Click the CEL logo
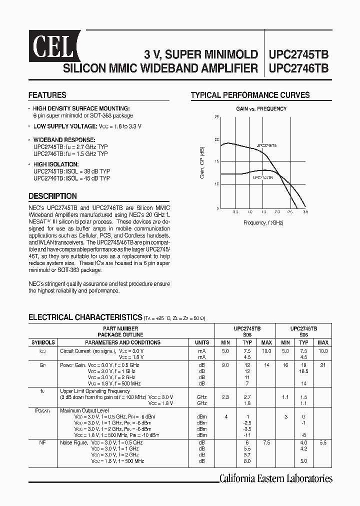pyautogui.click(x=52, y=46)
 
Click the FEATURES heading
pyautogui.click(x=47, y=95)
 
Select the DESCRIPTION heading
pyautogui.click(x=52, y=196)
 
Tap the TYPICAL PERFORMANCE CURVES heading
pyautogui.click(x=250, y=95)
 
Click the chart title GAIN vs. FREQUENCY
pyautogui.click(x=261, y=108)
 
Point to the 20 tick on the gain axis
pyautogui.click(x=216, y=139)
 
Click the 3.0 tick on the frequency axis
pyautogui.click(x=305, y=212)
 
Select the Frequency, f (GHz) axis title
pyautogui.click(x=263, y=222)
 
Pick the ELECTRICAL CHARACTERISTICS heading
pyautogui.click(x=85, y=317)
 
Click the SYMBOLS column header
pyautogui.click(x=43, y=342)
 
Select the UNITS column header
pyautogui.click(x=201, y=342)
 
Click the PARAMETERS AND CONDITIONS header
pyautogui.click(x=122, y=342)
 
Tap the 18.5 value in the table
pyautogui.click(x=303, y=371)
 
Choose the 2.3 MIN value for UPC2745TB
pyautogui.click(x=225, y=396)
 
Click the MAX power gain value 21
pyautogui.click(x=323, y=365)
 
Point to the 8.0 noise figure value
pyautogui.click(x=247, y=461)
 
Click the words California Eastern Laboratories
pyautogui.click(x=275, y=478)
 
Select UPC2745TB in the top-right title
pyautogui.click(x=298, y=54)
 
